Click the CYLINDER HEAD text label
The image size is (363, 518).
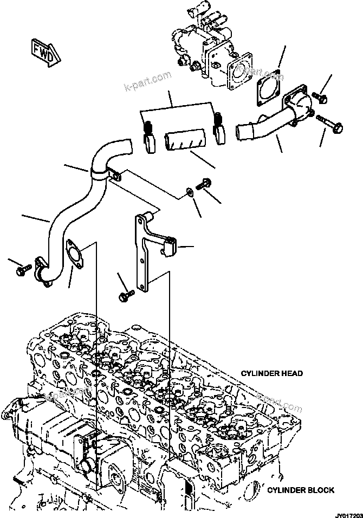(271, 373)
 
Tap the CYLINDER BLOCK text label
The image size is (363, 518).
(301, 490)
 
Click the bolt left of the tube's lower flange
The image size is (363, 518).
(23, 268)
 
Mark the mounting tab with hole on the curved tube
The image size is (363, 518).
(115, 174)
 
